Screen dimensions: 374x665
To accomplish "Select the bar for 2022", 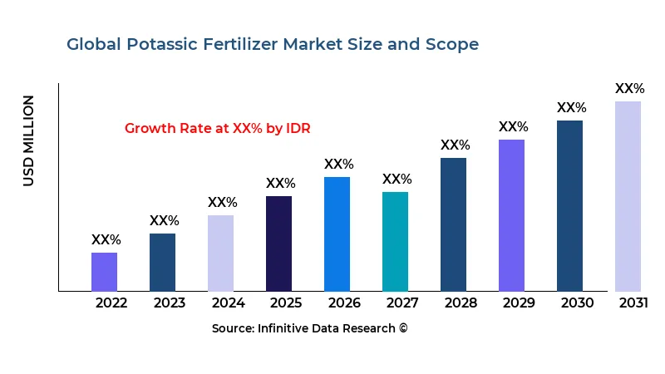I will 104,272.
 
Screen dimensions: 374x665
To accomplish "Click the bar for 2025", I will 278,244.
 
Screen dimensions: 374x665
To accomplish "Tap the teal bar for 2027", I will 395,241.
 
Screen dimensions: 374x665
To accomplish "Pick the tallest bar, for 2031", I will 628,196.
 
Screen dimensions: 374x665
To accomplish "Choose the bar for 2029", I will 511,215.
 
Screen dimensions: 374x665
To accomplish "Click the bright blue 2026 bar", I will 337,234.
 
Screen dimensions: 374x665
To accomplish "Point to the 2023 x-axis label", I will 170,303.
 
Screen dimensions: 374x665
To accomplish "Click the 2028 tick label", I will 461,303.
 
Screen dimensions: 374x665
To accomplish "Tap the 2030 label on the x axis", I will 577,303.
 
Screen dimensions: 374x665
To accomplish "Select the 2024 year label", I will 228,303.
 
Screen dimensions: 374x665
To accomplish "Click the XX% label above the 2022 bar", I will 106,239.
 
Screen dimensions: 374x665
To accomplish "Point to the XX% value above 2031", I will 629,89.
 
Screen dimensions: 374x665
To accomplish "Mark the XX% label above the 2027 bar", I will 397,180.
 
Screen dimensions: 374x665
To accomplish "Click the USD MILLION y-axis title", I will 29,140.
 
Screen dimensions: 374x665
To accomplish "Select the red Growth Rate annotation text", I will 218,128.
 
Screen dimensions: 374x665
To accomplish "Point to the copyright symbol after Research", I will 403,328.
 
